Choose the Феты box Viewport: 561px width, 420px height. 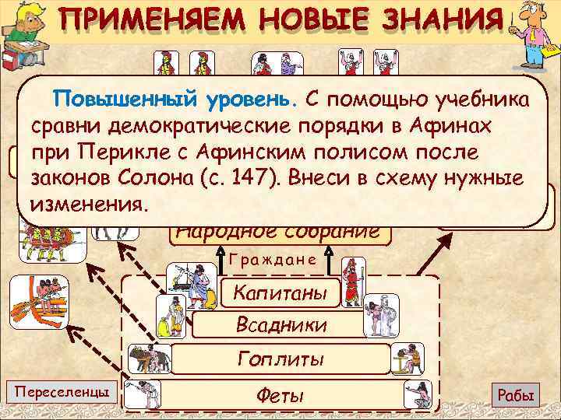coord(280,395)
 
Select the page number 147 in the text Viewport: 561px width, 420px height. coord(238,177)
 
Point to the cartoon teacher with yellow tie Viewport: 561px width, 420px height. coord(535,35)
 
